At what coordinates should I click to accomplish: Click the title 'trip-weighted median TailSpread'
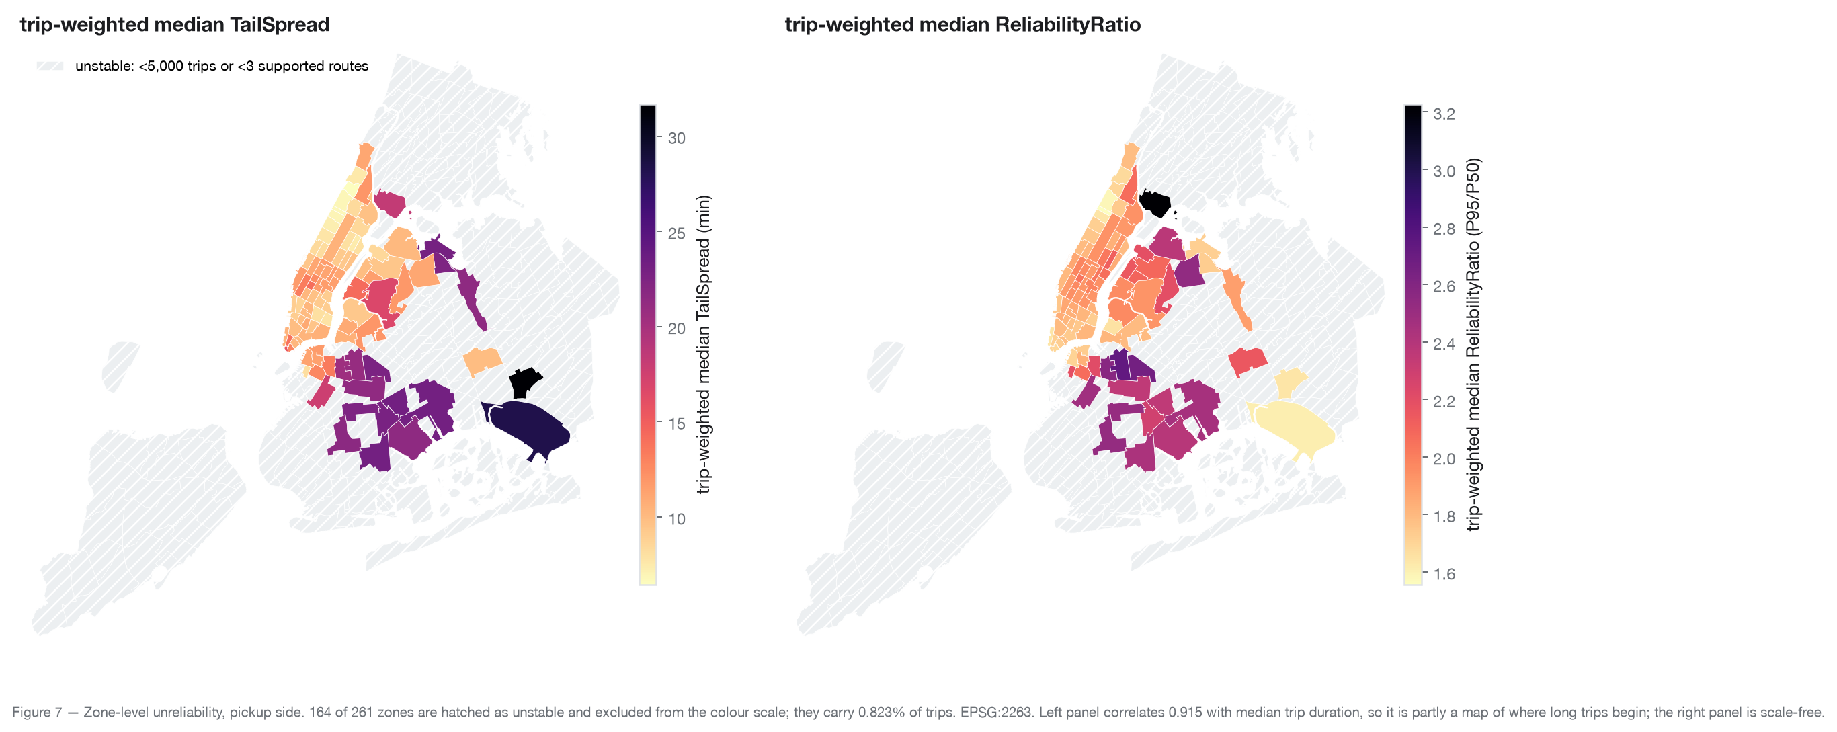click(175, 24)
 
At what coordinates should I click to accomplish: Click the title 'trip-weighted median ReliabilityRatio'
click(963, 24)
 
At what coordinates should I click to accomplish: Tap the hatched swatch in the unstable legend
click(50, 67)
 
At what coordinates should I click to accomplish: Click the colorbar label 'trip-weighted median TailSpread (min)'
click(704, 345)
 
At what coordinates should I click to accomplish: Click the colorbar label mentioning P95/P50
click(1473, 345)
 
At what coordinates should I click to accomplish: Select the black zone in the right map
click(1155, 203)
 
